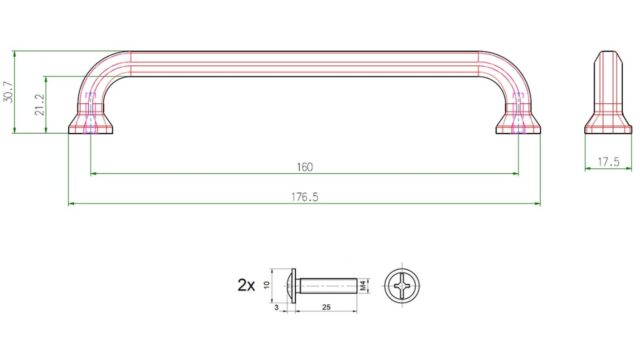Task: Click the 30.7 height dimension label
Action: click(8, 92)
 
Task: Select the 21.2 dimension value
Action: click(40, 105)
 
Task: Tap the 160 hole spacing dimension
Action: click(304, 167)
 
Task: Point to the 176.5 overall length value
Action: click(304, 197)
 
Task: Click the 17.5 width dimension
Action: click(608, 162)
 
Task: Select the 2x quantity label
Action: click(246, 285)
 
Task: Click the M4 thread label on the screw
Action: click(363, 286)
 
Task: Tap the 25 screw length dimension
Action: click(326, 307)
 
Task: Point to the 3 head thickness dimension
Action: click(277, 307)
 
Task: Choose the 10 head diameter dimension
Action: click(267, 285)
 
